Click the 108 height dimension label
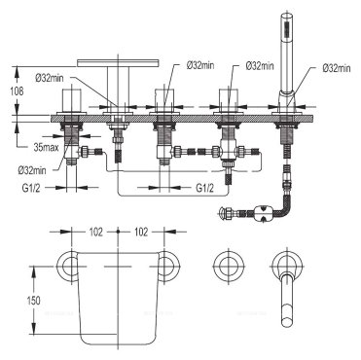click(17, 91)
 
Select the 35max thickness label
click(47, 148)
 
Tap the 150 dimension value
click(33, 301)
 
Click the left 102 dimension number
click(95, 232)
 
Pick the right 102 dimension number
click(141, 232)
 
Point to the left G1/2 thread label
click(31, 188)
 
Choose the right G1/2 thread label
click(205, 188)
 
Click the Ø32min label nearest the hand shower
click(337, 68)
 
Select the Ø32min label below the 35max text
click(32, 170)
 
